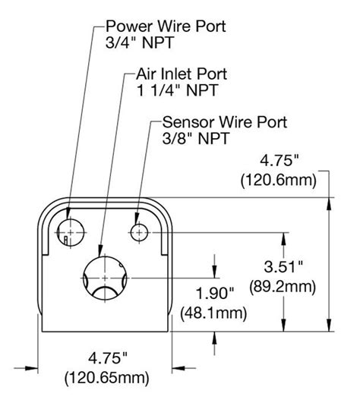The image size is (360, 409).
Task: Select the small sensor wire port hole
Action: click(139, 231)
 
